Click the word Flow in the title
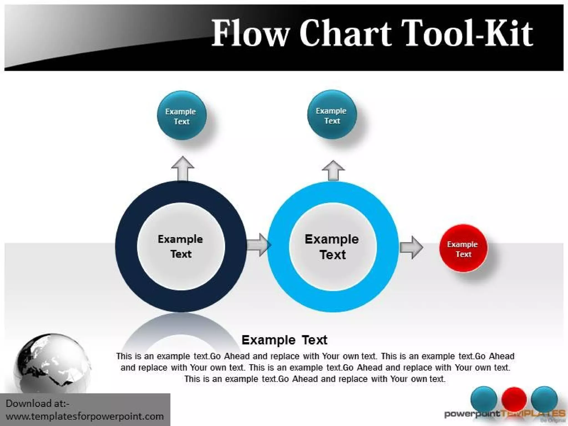pos(250,33)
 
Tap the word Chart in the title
pos(345,33)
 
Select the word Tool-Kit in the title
pos(467,33)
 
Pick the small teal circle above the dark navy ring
pos(181,115)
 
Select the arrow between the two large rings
pos(258,245)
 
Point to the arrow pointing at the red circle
pos(411,247)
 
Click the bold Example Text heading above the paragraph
pos(284,340)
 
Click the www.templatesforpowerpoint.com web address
pos(85,416)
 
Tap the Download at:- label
pos(37,403)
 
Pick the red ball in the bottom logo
pos(514,399)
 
